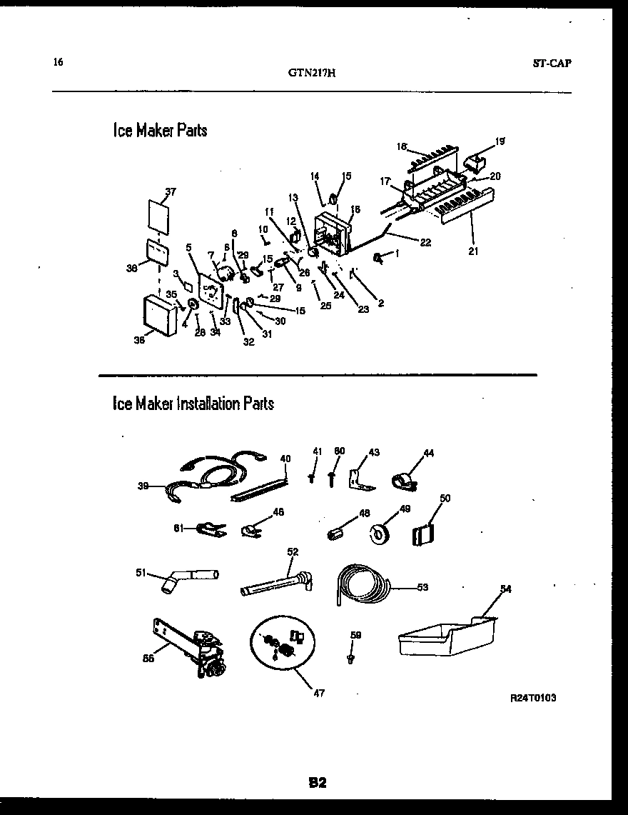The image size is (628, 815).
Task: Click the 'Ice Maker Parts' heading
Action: [x=160, y=130]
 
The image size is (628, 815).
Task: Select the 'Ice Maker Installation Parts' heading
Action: [x=193, y=404]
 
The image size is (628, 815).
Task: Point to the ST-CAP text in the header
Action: [x=552, y=63]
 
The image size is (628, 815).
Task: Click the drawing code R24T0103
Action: [x=533, y=698]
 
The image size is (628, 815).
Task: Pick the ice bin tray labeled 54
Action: [x=446, y=637]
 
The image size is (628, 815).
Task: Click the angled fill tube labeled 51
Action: [x=190, y=577]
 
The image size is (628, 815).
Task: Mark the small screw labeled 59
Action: [x=350, y=657]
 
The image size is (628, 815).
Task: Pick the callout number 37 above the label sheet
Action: [x=171, y=191]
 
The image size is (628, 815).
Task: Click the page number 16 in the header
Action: [x=58, y=62]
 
